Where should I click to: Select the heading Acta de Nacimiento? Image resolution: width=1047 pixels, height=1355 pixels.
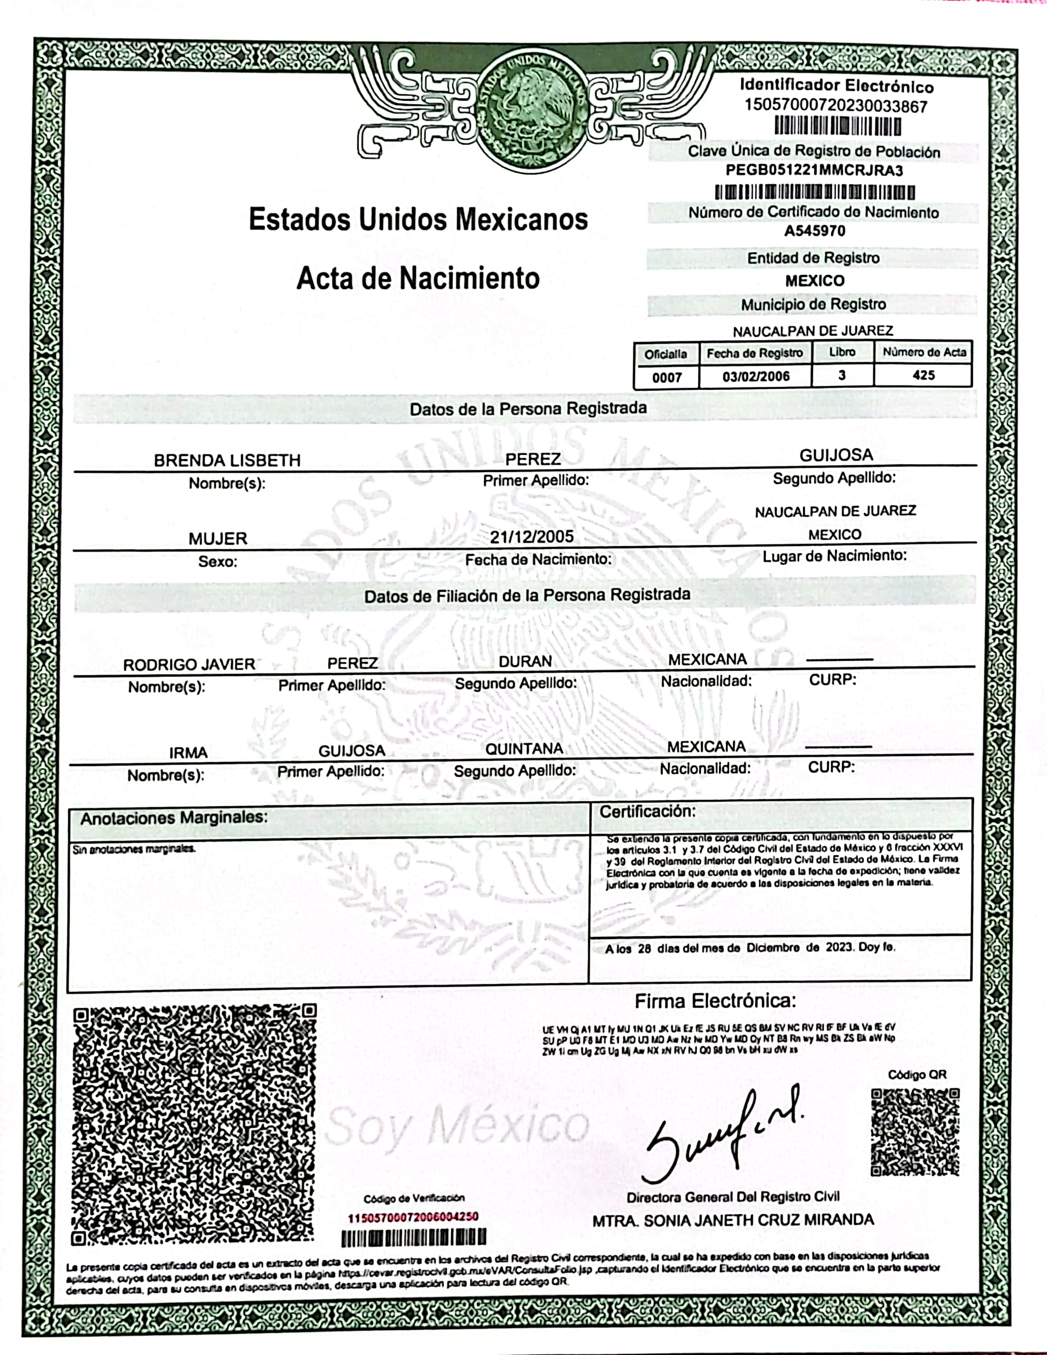418,278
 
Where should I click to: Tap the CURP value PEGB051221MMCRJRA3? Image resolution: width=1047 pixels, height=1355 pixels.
814,171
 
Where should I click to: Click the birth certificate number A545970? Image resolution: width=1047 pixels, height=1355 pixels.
814,231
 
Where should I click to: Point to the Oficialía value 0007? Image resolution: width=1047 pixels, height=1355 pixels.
667,377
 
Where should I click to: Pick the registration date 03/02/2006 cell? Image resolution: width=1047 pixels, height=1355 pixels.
756,376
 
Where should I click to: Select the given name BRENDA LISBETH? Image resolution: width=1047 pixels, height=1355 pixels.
227,460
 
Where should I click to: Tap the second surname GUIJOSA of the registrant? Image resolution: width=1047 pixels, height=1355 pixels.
836,455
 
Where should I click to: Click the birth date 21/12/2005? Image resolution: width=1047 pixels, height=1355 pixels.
532,537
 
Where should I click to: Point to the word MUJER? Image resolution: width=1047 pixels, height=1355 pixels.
218,538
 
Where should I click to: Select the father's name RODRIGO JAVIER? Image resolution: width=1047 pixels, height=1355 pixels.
189,664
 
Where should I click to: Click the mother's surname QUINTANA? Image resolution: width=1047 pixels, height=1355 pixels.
524,749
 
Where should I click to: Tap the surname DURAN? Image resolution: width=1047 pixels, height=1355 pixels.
525,661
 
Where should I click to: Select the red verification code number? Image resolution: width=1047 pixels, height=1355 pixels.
413,1217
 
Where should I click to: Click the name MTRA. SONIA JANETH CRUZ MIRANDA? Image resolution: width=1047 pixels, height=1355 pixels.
733,1220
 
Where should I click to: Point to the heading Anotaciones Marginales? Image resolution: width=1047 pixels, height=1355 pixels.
174,818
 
